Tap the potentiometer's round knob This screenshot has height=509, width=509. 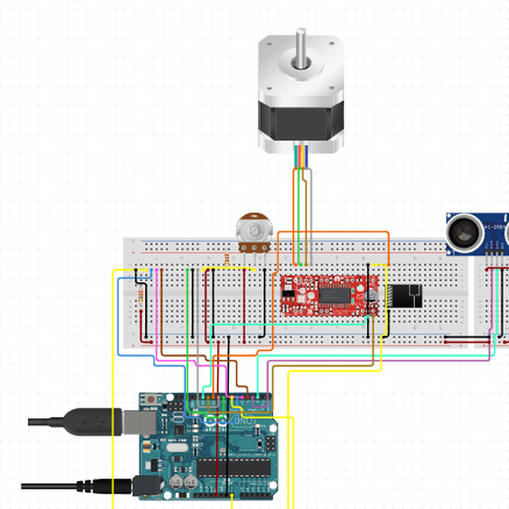click(x=252, y=228)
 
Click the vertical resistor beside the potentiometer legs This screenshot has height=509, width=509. click(x=227, y=258)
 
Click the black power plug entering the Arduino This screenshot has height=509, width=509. click(x=123, y=486)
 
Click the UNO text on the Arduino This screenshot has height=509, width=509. click(x=241, y=422)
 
